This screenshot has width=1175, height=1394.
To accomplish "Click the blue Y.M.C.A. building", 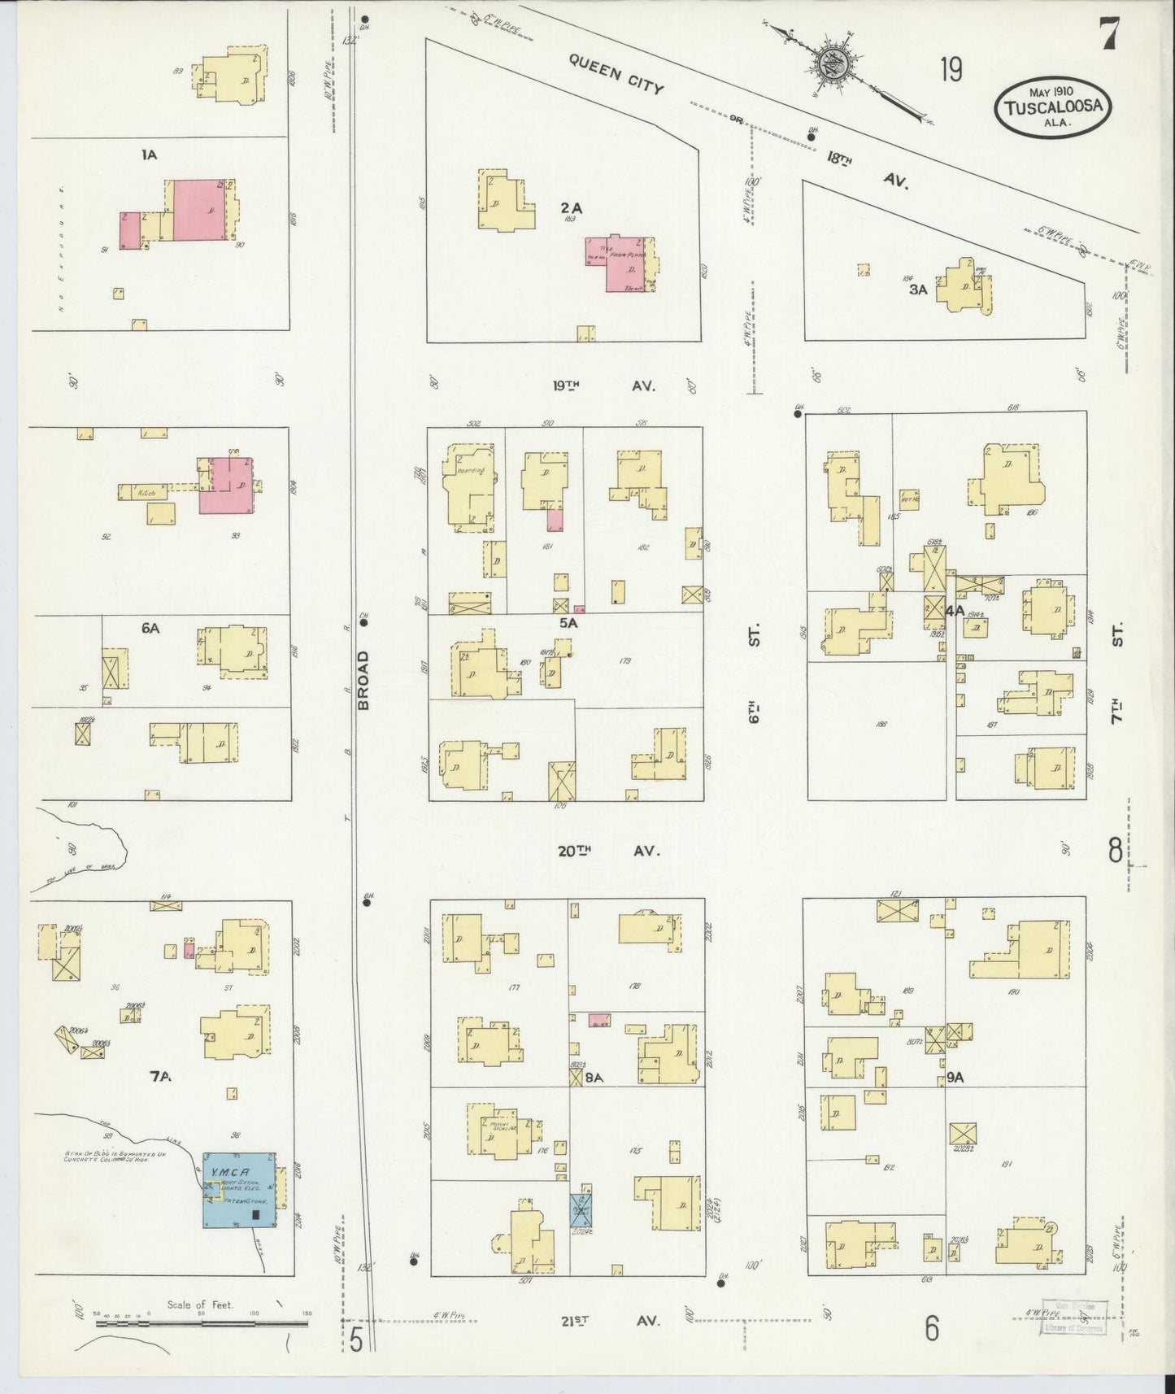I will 238,1189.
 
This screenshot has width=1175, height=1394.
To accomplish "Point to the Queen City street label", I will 616,73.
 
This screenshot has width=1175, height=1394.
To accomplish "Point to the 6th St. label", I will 754,675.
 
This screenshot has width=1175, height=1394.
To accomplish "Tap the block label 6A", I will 150,628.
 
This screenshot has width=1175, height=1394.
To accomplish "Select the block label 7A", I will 160,1077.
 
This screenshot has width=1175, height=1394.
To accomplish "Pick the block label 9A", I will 955,1078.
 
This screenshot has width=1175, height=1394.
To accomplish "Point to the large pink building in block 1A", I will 198,210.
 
